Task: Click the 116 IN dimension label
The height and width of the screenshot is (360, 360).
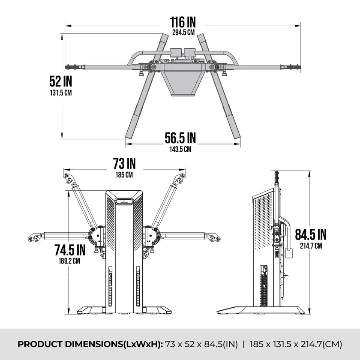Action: [183, 22]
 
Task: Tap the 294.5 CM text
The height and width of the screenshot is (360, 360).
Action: [183, 33]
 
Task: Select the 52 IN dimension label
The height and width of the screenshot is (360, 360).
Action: [61, 81]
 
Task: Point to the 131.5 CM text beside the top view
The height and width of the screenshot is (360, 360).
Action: [61, 93]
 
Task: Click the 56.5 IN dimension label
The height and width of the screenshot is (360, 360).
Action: [180, 138]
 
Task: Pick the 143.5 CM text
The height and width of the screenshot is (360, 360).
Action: [180, 149]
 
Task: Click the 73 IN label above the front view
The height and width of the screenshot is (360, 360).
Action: [124, 163]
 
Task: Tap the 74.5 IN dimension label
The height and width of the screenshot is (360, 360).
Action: [70, 250]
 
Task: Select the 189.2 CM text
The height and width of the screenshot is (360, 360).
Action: [69, 261]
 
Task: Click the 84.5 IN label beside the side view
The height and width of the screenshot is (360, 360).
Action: [311, 234]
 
